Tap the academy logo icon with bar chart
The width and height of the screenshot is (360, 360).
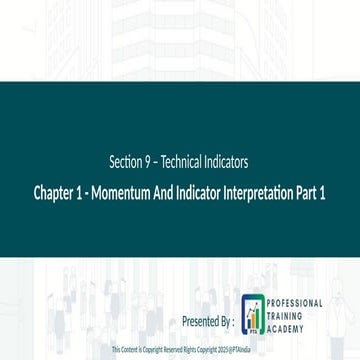(255, 315)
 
